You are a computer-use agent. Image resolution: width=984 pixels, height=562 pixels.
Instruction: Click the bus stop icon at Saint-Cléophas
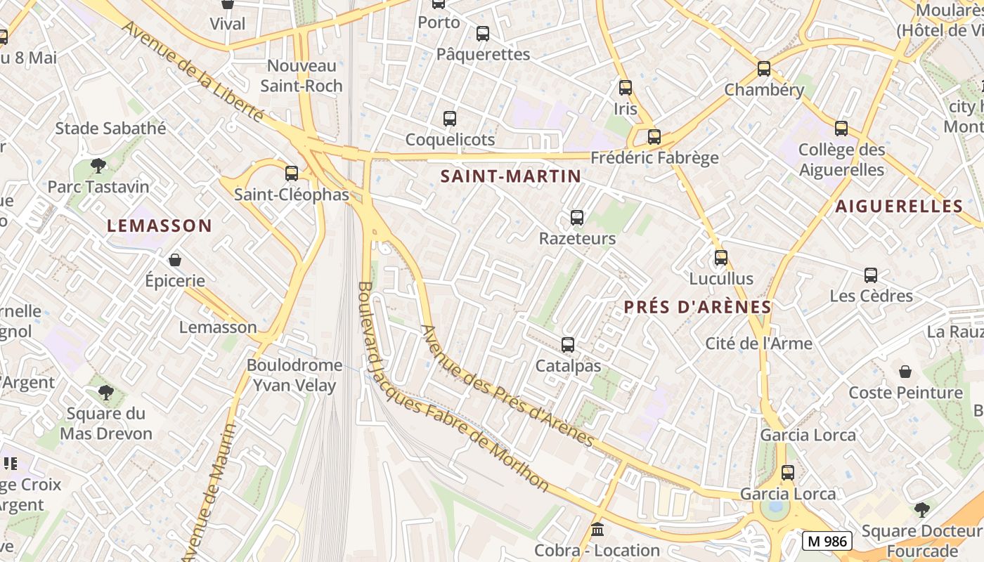click(292, 173)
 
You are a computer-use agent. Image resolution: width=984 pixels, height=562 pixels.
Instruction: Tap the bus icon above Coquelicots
click(450, 119)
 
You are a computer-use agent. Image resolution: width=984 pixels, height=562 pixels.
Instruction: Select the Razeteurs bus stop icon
click(577, 218)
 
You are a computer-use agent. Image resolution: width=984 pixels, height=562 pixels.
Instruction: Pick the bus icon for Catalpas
click(568, 345)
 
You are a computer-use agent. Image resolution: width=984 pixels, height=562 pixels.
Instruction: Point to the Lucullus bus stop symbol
click(721, 258)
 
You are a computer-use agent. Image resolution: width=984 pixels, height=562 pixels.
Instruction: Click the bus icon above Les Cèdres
click(871, 275)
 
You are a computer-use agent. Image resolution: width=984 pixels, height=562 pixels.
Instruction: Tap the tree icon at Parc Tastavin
click(98, 166)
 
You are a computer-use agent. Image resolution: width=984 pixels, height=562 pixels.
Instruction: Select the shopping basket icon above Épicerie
click(175, 260)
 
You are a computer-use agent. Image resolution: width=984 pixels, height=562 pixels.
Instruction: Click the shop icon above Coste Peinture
click(905, 371)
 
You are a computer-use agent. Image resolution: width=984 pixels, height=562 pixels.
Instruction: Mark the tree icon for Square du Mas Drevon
click(106, 392)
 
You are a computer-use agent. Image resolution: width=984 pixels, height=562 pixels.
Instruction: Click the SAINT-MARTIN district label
click(511, 176)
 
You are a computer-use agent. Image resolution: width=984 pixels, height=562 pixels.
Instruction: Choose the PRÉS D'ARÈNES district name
click(697, 307)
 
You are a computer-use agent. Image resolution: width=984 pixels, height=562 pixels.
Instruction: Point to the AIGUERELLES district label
click(898, 206)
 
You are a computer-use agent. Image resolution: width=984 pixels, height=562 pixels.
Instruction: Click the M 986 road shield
click(827, 541)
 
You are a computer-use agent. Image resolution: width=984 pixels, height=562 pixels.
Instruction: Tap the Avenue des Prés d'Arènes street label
click(507, 386)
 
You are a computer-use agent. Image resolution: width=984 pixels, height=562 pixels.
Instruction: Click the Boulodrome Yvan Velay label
click(291, 375)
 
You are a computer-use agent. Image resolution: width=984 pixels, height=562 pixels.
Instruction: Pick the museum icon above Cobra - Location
click(597, 529)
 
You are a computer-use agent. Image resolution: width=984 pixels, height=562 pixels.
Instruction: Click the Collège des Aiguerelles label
click(841, 159)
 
